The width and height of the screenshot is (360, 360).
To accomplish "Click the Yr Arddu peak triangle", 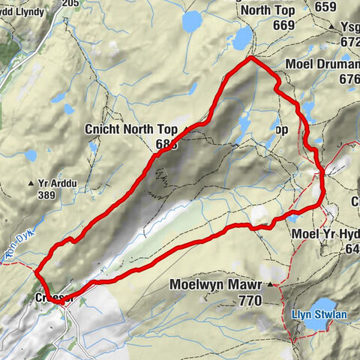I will point(31,183).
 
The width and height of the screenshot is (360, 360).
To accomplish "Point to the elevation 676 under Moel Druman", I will point(349,79).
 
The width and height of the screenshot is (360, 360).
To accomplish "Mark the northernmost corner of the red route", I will point(250,58).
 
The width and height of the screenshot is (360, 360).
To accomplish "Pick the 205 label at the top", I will point(71,4).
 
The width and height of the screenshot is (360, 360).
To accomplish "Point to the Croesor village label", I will point(55,298).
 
